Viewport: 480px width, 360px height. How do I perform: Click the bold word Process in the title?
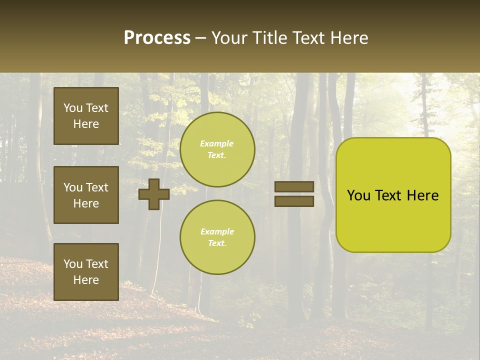[157, 38]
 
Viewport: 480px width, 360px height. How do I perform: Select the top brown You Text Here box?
[86, 116]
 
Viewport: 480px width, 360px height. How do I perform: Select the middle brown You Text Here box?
[86, 195]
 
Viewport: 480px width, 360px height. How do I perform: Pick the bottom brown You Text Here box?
[86, 272]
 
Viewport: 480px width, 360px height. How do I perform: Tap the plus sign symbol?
[154, 194]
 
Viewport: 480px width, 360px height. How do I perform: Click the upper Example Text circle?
[217, 149]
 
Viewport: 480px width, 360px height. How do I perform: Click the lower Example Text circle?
[217, 237]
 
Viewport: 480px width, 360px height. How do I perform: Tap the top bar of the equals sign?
[294, 187]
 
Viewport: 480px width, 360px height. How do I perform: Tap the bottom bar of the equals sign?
[294, 201]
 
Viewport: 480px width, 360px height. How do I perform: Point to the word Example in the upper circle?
[217, 144]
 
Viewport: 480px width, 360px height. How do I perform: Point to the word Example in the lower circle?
[217, 232]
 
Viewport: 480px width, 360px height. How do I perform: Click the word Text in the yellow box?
[389, 195]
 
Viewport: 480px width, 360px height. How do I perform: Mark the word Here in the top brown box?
[86, 124]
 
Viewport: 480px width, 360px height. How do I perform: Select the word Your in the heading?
[228, 38]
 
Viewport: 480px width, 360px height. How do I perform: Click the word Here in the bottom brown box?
[86, 280]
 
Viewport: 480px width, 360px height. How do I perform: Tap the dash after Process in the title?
[200, 38]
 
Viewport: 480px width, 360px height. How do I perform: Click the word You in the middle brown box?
[73, 187]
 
